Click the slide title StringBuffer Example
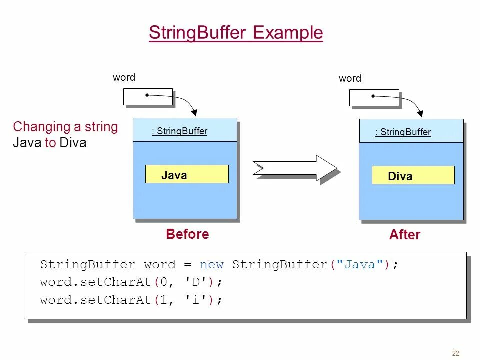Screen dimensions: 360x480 pyautogui.click(x=236, y=33)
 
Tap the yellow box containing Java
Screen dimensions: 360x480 pyautogui.click(x=187, y=174)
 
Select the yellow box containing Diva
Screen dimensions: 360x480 pyautogui.click(x=413, y=175)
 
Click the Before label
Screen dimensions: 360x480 pyautogui.click(x=187, y=234)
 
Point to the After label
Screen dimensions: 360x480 pyautogui.click(x=404, y=235)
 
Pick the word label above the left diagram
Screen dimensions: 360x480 pyautogui.click(x=124, y=77)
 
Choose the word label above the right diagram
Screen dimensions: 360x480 pyautogui.click(x=350, y=78)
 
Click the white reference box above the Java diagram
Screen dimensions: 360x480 pyautogui.click(x=148, y=97)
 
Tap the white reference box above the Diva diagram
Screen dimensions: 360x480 pyautogui.click(x=374, y=98)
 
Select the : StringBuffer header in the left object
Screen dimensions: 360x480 pyautogui.click(x=179, y=131)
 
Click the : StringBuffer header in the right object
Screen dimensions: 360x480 pyautogui.click(x=403, y=132)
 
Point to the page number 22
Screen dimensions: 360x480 pyautogui.click(x=455, y=353)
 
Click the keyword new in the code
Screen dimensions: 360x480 pyautogui.click(x=212, y=265)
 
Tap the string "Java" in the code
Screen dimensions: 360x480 pyautogui.click(x=360, y=265)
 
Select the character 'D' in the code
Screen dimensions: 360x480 pyautogui.click(x=196, y=282)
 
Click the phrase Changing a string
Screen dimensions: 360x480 pyautogui.click(x=65, y=127)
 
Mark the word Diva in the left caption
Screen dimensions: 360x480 pyautogui.click(x=73, y=143)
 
